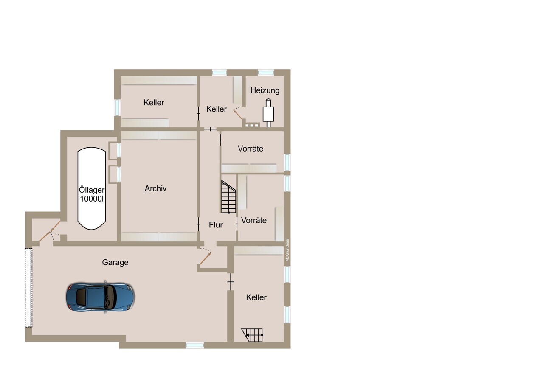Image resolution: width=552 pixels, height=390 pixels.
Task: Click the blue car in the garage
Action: click(100, 297)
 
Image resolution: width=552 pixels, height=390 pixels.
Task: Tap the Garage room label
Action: click(115, 262)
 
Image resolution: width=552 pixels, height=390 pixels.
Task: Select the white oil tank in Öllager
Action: click(92, 188)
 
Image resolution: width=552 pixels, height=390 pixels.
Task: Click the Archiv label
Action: click(155, 188)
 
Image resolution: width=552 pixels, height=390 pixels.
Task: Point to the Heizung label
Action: click(265, 90)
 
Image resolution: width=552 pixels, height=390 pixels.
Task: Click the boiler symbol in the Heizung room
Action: click(268, 113)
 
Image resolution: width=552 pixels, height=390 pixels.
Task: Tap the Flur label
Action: click(216, 225)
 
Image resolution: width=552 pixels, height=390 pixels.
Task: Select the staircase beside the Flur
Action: click(228, 197)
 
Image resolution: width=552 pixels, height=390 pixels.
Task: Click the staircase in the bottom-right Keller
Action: click(252, 335)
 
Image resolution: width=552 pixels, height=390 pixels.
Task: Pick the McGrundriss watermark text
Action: click(287, 250)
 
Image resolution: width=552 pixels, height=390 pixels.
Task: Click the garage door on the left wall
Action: click(28, 288)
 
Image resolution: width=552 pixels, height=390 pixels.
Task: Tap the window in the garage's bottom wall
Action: click(194, 345)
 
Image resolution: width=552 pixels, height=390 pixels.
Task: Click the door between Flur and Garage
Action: click(205, 256)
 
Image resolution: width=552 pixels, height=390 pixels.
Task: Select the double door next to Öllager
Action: click(50, 231)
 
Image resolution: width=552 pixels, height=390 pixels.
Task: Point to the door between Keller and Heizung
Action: click(237, 113)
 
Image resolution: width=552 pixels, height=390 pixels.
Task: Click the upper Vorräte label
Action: click(251, 149)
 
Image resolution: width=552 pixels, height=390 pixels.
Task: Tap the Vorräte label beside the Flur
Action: click(254, 220)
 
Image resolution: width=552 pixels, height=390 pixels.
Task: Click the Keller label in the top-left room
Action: click(154, 103)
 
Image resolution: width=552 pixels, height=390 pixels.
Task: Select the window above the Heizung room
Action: click(266, 73)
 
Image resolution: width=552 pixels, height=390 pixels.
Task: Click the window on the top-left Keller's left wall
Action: click(117, 108)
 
